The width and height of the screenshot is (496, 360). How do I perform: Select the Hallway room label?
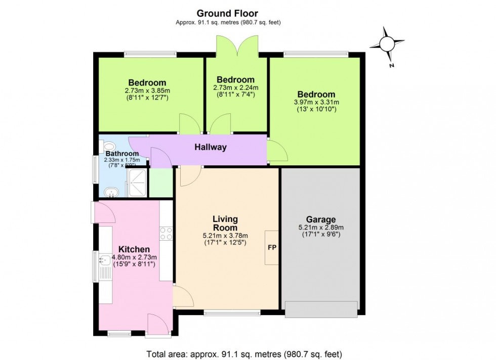[211, 148]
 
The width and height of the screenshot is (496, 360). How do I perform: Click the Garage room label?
[320, 219]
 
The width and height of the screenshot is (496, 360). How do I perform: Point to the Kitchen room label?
[134, 249]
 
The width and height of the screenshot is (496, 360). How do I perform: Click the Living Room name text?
[225, 223]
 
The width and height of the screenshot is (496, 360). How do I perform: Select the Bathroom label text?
[122, 154]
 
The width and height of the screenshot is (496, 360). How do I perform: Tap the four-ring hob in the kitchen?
[166, 234]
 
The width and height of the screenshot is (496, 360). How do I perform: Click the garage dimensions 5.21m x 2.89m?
[320, 228]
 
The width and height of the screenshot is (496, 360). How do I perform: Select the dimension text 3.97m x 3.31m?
[316, 102]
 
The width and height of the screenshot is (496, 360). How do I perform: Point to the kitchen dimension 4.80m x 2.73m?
[134, 257]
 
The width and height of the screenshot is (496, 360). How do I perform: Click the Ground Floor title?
[228, 13]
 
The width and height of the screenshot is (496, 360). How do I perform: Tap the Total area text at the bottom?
[247, 354]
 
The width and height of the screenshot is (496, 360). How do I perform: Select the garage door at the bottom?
[320, 308]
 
